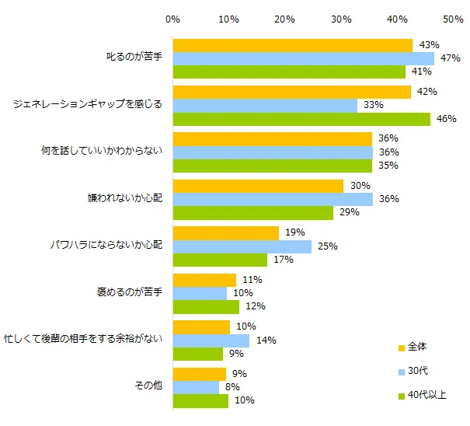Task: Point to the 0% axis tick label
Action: (173, 18)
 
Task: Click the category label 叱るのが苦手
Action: (134, 58)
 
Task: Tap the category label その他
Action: (148, 386)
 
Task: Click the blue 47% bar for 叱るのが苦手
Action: (304, 58)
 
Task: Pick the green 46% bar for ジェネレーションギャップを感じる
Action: (301, 119)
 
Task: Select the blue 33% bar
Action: (265, 105)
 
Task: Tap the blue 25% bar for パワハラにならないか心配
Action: (242, 246)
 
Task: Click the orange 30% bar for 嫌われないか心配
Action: (258, 185)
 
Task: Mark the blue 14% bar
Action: (211, 340)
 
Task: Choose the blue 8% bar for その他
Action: (196, 386)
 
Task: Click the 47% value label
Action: (451, 58)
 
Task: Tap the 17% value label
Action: (283, 260)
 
